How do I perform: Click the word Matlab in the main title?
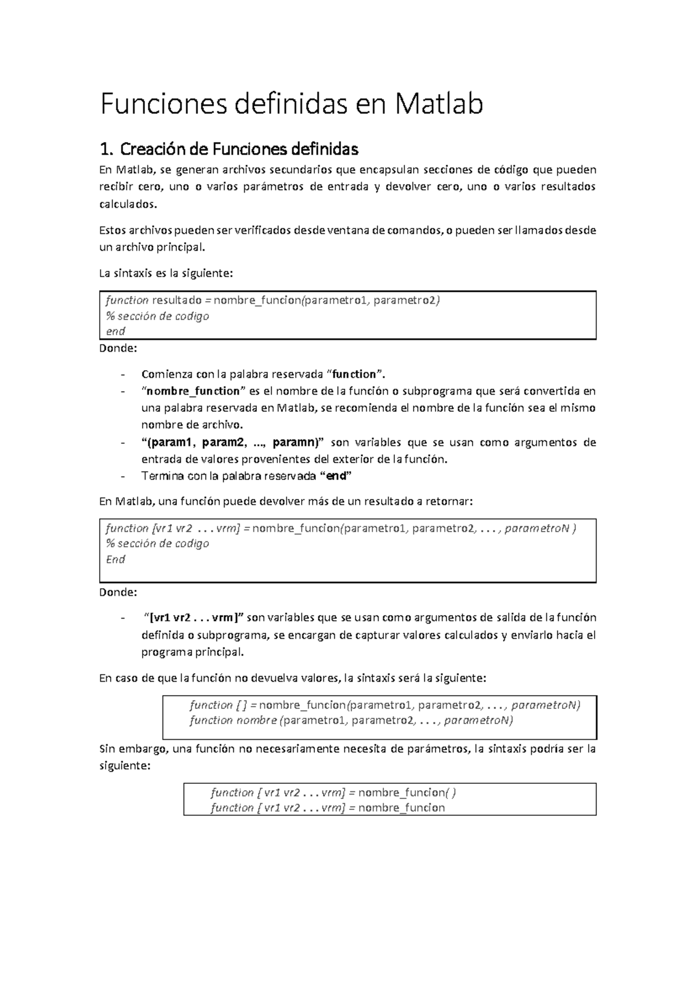[439, 104]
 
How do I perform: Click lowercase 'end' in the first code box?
[115, 331]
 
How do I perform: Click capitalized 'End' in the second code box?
[115, 559]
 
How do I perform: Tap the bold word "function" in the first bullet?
[358, 374]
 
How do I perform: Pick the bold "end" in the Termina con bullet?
[336, 476]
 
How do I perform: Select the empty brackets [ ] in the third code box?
[241, 706]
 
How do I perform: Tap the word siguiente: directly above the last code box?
[125, 766]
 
